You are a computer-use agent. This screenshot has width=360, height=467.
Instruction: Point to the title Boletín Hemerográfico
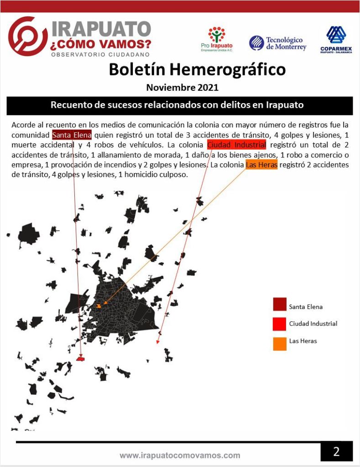coord(197,69)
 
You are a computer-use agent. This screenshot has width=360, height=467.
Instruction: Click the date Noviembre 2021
coord(182,87)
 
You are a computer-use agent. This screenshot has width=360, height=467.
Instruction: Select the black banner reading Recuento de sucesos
coord(180,105)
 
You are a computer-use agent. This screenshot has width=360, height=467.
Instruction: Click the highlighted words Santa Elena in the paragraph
coord(72,135)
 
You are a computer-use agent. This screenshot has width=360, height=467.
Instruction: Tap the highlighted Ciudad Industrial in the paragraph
coord(236,145)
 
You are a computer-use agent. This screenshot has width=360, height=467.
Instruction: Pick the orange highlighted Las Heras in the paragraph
coord(261,165)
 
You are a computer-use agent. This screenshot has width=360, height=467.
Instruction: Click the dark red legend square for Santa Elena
coord(280,304)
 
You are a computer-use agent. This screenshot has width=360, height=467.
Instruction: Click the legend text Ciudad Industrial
coord(313,324)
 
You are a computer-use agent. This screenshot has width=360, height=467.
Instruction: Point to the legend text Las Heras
coord(303,341)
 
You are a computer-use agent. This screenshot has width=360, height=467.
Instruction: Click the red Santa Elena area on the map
coord(81,359)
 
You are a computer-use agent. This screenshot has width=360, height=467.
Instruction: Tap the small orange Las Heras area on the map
coord(99,305)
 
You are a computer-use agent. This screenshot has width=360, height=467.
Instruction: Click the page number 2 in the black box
coord(336,451)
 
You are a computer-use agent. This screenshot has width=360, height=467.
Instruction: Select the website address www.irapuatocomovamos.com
coord(180,455)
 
